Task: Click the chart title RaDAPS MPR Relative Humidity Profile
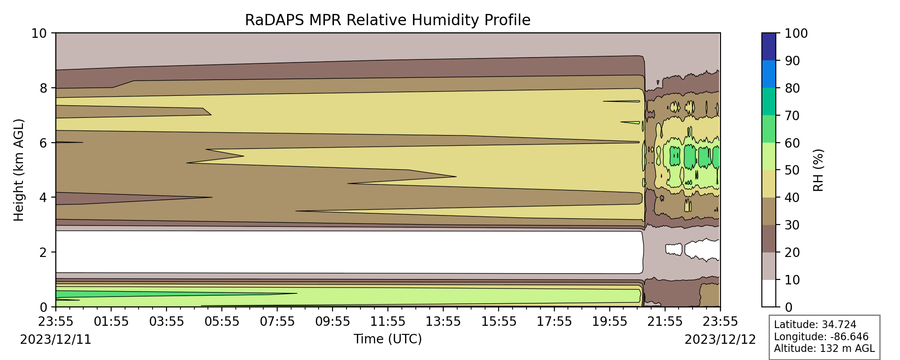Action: (x=387, y=20)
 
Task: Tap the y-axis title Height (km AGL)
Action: (x=18, y=170)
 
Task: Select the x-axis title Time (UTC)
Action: (x=387, y=339)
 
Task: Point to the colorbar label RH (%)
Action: (x=819, y=170)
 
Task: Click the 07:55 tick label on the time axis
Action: (x=277, y=322)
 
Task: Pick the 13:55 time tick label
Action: (x=443, y=322)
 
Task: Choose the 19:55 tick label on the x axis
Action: (x=610, y=322)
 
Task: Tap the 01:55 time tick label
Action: (x=111, y=322)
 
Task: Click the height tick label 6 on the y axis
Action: (x=43, y=143)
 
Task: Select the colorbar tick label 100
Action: (x=796, y=34)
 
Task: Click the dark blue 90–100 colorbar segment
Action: (x=769, y=47)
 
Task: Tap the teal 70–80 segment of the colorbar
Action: (x=769, y=102)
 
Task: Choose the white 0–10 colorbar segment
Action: (x=769, y=293)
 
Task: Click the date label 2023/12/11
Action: (x=56, y=340)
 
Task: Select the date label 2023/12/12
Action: (x=720, y=340)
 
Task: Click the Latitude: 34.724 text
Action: (x=815, y=325)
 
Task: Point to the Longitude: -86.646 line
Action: (x=821, y=337)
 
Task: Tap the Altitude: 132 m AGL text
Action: (x=824, y=348)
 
